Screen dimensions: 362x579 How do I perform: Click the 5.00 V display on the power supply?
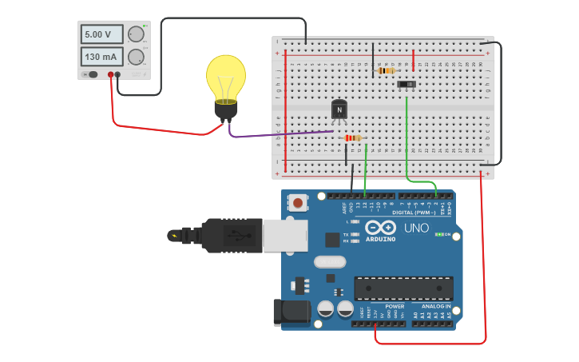point(101,34)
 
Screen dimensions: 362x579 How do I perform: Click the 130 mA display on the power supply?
point(101,57)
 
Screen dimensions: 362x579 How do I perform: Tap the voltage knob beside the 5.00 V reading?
point(136,34)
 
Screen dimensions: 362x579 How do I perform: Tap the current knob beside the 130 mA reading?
point(136,57)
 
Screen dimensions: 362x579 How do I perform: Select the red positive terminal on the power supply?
point(110,74)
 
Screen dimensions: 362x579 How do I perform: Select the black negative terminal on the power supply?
point(118,74)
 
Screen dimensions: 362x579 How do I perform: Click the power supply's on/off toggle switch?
point(93,74)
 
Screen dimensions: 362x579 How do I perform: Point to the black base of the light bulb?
point(226,110)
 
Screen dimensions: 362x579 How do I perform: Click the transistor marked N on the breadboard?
point(339,109)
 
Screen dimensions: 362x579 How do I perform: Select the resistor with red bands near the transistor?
point(352,138)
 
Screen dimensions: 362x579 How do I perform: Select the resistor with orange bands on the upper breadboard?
point(386,70)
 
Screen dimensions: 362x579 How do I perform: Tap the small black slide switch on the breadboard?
point(406,84)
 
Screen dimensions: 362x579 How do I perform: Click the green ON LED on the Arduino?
point(438,234)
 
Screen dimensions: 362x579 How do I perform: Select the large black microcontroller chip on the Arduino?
point(403,288)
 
